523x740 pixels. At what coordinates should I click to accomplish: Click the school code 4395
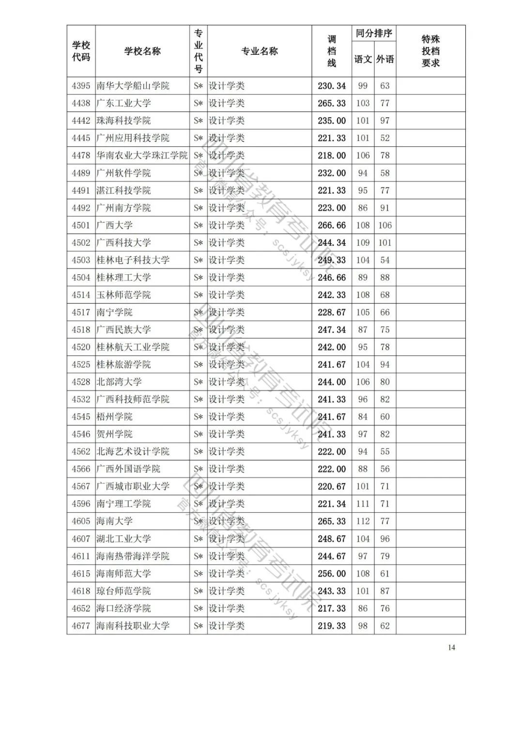point(81,86)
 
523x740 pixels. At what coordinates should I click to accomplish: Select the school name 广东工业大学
point(123,103)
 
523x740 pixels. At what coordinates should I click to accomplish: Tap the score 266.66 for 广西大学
point(332,225)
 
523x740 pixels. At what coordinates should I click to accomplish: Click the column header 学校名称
point(142,51)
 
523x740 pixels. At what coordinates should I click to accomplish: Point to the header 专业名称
point(260,51)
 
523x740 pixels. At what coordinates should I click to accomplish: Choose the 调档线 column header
point(332,51)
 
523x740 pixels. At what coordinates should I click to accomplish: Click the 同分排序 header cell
point(374,33)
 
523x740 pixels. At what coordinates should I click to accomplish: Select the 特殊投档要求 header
point(431,51)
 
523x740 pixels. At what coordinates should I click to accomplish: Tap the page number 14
point(451,648)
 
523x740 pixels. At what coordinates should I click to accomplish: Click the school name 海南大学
point(114,521)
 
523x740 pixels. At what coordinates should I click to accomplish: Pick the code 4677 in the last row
point(81,626)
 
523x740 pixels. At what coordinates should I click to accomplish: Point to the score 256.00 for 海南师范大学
point(332,574)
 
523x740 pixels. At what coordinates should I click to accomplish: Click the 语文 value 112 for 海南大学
point(363,521)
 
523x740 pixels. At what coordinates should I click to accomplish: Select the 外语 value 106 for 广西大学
point(385,225)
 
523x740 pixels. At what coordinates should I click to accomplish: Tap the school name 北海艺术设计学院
point(133,452)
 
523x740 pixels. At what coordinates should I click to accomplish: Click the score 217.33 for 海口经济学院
point(332,609)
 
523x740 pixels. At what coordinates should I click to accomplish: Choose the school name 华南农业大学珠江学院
point(142,156)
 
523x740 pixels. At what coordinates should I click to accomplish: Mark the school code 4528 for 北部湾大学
point(81,382)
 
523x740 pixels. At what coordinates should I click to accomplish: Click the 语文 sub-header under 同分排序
point(363,59)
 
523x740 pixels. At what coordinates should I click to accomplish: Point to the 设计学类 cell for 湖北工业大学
point(227,539)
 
